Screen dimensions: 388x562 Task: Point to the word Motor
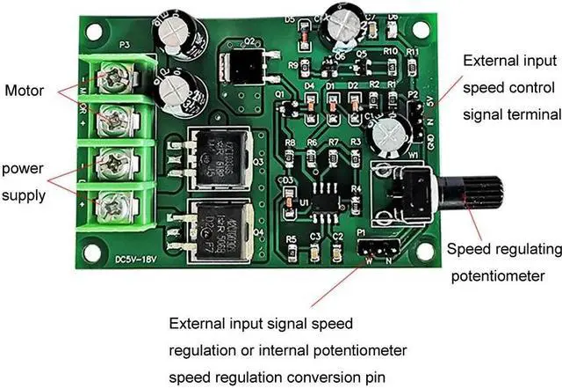click(24, 90)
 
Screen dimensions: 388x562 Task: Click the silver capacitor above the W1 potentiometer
click(386, 137)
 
